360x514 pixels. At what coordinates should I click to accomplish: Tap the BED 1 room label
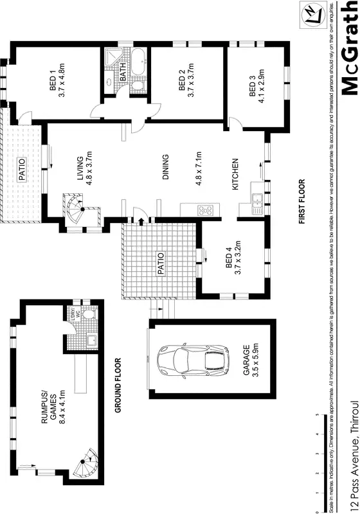coord(53,83)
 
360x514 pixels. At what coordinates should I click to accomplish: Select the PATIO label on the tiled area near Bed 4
coord(161,263)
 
